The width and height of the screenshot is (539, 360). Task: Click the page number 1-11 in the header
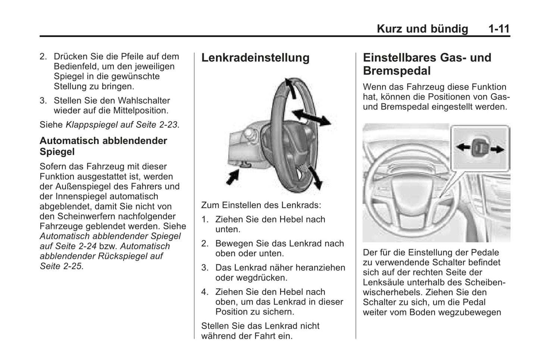point(499,29)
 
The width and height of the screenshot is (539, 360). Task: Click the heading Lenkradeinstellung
point(255,58)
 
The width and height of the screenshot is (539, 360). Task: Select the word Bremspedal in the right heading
point(397,71)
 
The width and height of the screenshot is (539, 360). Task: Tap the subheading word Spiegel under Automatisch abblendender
point(57,152)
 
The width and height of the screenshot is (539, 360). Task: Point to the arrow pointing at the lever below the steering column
point(232,176)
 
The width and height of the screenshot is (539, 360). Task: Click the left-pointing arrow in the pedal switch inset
point(463,147)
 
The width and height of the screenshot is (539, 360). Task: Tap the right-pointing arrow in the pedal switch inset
point(497,149)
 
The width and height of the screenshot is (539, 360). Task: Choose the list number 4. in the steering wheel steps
point(205,292)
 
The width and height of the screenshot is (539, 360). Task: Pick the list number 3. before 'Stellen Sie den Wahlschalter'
point(43,101)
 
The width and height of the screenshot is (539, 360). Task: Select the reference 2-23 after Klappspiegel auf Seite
point(168,125)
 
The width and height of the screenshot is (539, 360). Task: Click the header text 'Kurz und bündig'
point(422,29)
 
